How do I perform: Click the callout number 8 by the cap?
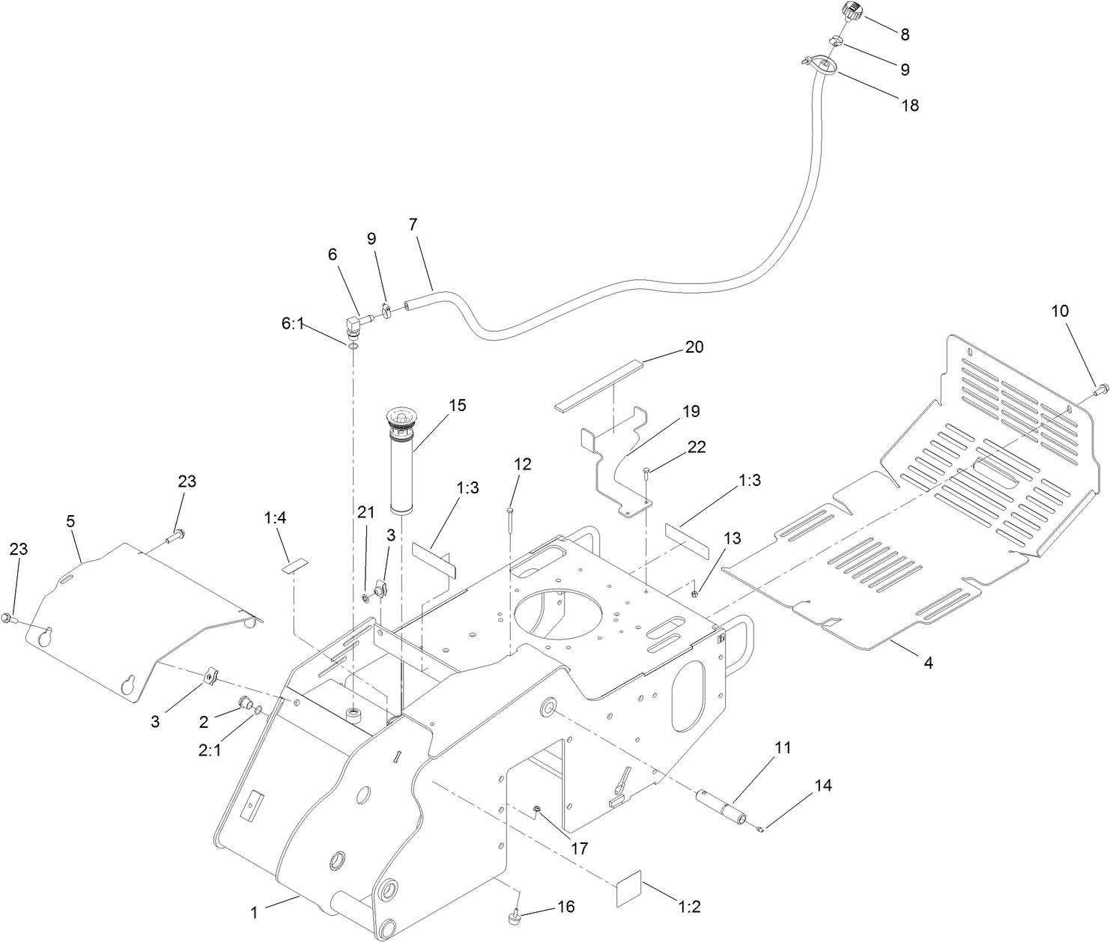[905, 34]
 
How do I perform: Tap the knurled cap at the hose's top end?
[852, 13]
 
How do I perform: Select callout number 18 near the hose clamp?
[909, 105]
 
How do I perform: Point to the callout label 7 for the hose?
[413, 223]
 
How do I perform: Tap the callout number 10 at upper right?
[1060, 310]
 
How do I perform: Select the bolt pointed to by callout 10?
[1101, 390]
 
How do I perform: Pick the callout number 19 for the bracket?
[691, 411]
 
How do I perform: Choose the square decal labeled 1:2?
[629, 888]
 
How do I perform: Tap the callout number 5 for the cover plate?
[70, 521]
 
